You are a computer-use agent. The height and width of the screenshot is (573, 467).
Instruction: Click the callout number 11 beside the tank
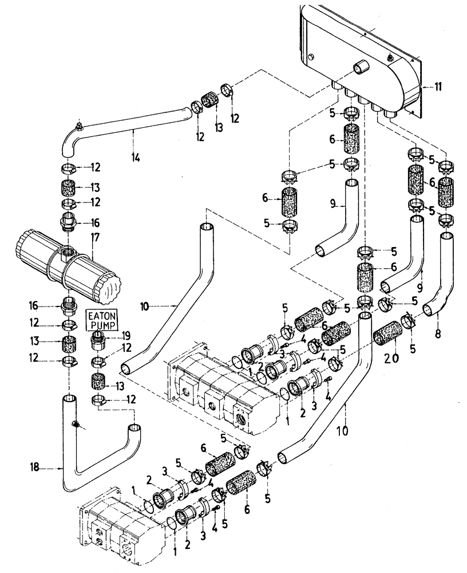(x=438, y=87)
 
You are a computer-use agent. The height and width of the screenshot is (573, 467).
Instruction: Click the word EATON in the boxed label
(x=101, y=315)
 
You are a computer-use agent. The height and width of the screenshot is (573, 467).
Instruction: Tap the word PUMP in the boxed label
(x=101, y=325)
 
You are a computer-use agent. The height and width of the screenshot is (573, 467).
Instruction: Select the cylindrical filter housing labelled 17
(x=63, y=264)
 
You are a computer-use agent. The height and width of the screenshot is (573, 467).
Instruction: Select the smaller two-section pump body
(x=112, y=524)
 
